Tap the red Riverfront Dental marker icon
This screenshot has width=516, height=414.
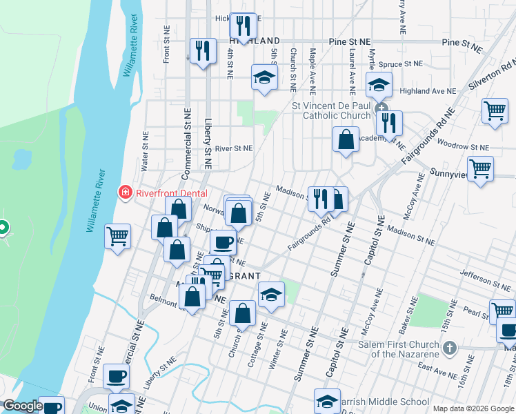point(126,192)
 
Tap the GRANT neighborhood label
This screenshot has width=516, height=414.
point(242,275)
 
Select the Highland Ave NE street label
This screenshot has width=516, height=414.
point(428,91)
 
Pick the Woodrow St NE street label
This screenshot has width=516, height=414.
point(463,148)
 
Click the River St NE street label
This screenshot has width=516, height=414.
point(234,148)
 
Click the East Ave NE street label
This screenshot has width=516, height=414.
point(437,371)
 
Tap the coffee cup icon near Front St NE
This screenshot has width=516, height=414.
point(116,377)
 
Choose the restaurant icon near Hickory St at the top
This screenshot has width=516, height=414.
point(243,26)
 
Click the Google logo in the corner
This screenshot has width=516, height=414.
point(22,406)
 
